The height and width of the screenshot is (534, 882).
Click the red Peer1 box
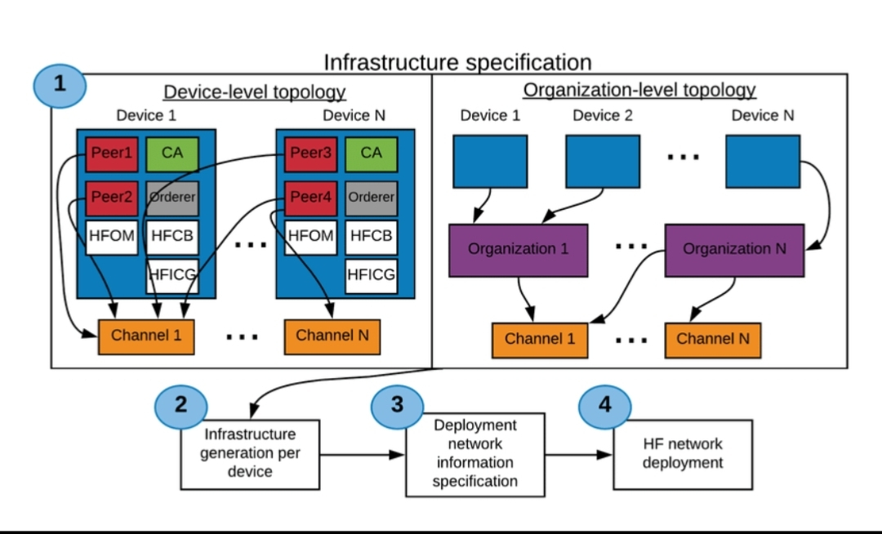pos(112,154)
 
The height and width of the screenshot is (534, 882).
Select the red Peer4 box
pos(311,198)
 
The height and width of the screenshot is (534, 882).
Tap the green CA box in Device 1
pos(172,154)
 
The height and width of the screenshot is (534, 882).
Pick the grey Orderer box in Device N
pos(371,198)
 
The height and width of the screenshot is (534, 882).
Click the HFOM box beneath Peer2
pos(112,237)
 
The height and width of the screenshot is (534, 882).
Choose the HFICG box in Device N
pos(371,275)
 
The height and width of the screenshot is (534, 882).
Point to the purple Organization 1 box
pos(518,250)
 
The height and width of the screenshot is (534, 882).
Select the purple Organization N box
pos(734,250)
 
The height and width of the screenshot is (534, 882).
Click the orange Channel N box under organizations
pos(712,340)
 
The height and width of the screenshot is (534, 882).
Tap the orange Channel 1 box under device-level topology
pos(146,336)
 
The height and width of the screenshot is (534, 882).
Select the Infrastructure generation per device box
pos(250,453)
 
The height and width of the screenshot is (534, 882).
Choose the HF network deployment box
pos(682,454)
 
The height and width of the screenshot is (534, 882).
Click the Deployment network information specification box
pos(474,454)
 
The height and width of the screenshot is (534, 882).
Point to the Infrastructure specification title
pos(457,63)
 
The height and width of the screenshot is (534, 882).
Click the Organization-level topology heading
pos(639,90)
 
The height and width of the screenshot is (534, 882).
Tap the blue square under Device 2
pos(603,162)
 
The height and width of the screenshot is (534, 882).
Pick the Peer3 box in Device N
pos(311,154)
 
